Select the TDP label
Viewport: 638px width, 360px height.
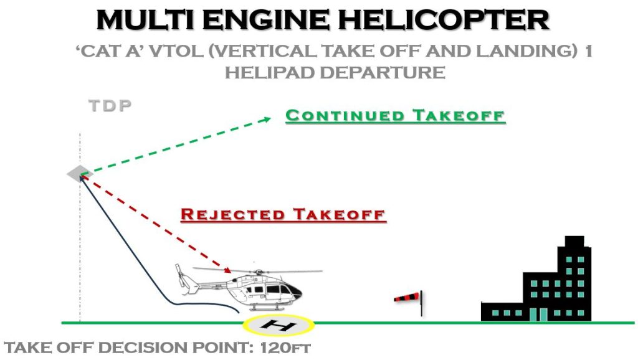(x=110, y=105)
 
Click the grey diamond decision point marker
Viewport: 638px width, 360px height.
(x=80, y=174)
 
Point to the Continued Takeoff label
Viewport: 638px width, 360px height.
(x=395, y=116)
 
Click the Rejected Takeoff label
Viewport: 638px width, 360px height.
(x=283, y=215)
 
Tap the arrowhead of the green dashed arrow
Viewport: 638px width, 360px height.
(x=269, y=118)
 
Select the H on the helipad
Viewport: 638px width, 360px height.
(x=279, y=325)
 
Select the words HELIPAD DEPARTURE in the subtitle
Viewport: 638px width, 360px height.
(x=335, y=72)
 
